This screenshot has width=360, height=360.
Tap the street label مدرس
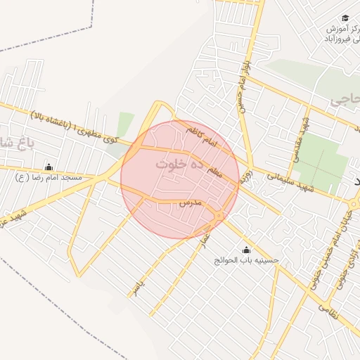(x=190, y=202)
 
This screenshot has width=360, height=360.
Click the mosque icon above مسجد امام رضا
(x=49, y=167)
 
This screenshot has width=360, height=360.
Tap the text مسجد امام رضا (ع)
(x=49, y=178)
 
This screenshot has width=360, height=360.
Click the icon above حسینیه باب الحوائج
(x=246, y=250)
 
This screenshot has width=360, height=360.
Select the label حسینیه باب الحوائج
(x=247, y=261)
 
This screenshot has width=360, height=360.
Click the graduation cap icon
(x=345, y=18)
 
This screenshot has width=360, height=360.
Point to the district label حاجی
(x=345, y=100)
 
